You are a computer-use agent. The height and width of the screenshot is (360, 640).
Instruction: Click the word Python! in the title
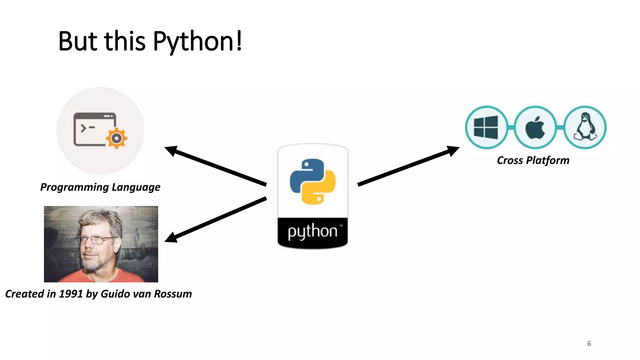(x=197, y=42)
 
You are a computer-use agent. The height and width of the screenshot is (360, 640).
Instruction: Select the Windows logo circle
(x=486, y=127)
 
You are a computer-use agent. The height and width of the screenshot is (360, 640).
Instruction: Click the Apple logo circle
(x=535, y=127)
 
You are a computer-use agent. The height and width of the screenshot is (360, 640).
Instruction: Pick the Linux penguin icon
(x=585, y=127)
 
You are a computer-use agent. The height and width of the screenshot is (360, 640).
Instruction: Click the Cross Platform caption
(x=533, y=160)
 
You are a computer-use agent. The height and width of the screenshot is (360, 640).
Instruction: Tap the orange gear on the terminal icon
(x=116, y=138)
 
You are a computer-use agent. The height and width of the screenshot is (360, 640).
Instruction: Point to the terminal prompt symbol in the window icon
(x=83, y=128)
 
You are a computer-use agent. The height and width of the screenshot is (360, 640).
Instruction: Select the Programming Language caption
(x=100, y=187)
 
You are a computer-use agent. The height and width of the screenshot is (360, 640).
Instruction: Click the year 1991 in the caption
(x=71, y=294)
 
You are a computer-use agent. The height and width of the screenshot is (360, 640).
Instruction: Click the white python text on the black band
(x=312, y=232)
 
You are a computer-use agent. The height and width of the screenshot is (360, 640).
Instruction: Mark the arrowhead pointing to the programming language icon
(x=171, y=151)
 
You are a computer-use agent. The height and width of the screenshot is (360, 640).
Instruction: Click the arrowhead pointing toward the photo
(x=171, y=237)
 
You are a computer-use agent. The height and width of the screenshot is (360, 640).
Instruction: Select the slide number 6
(x=589, y=344)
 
